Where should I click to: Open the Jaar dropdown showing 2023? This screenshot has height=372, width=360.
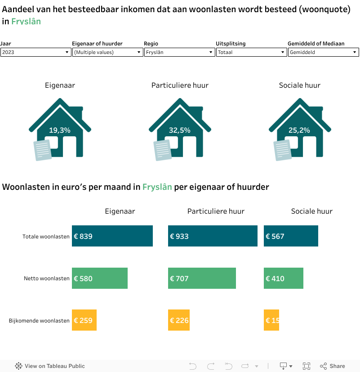pos(35,52)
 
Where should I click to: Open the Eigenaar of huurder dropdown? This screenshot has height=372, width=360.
pos(107,52)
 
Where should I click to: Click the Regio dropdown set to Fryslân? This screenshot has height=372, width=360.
pos(179,52)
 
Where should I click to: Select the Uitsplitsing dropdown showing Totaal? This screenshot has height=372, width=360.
pos(251,52)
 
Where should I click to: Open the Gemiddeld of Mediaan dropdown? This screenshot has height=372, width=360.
pos(323,52)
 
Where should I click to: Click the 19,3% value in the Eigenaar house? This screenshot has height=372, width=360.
pos(60,130)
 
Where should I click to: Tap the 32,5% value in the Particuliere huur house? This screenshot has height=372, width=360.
pos(180,130)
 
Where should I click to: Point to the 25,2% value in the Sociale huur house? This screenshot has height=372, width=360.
pos(299,130)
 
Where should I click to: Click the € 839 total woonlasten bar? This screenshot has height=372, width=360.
pos(112,236)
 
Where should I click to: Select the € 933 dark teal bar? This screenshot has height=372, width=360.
pos(213,236)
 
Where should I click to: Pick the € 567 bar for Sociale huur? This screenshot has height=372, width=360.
pos(291,236)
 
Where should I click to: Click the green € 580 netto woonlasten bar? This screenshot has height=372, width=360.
pos(100,278)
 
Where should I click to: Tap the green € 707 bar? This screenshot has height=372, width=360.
pos(202,278)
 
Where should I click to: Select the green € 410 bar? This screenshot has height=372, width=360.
pos(283,278)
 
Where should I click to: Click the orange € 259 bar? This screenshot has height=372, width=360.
pos(84,320)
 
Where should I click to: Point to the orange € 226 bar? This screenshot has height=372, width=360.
pos(179,320)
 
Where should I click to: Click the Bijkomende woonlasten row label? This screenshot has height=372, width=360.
pos(39,321)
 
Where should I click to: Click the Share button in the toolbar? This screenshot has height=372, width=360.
pos(333,366)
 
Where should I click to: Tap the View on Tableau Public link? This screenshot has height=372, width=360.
pos(50,366)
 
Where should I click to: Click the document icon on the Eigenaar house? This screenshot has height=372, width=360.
pos(43,150)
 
